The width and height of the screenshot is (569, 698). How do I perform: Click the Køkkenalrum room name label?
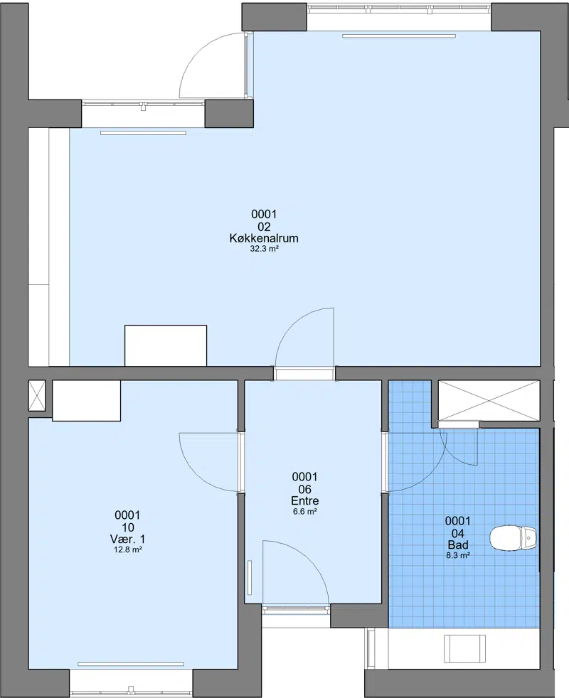pos(264,238)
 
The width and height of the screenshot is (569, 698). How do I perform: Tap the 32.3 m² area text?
pos(264,249)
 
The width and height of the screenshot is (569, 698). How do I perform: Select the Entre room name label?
pos(305,501)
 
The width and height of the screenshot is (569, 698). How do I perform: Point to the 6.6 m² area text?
pos(305,512)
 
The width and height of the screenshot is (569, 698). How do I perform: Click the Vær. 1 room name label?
pos(127,539)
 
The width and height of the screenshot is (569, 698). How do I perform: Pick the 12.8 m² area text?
pos(128,549)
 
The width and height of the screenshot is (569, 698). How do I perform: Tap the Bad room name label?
pos(457,545)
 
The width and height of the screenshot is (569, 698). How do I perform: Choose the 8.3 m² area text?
pos(458,556)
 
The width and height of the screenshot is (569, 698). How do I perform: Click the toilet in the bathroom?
pos(513,538)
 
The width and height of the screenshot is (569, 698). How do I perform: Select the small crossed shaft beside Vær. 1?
pos(37,395)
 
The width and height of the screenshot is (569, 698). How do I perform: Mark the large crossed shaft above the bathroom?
pos(489,400)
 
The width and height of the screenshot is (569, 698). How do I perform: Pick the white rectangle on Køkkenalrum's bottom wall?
pos(166,345)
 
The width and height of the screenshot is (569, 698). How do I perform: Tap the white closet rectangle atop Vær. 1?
pos(87,400)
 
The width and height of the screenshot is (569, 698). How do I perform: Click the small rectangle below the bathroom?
pos(464,648)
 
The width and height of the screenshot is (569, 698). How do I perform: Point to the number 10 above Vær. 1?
pos(128,527)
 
